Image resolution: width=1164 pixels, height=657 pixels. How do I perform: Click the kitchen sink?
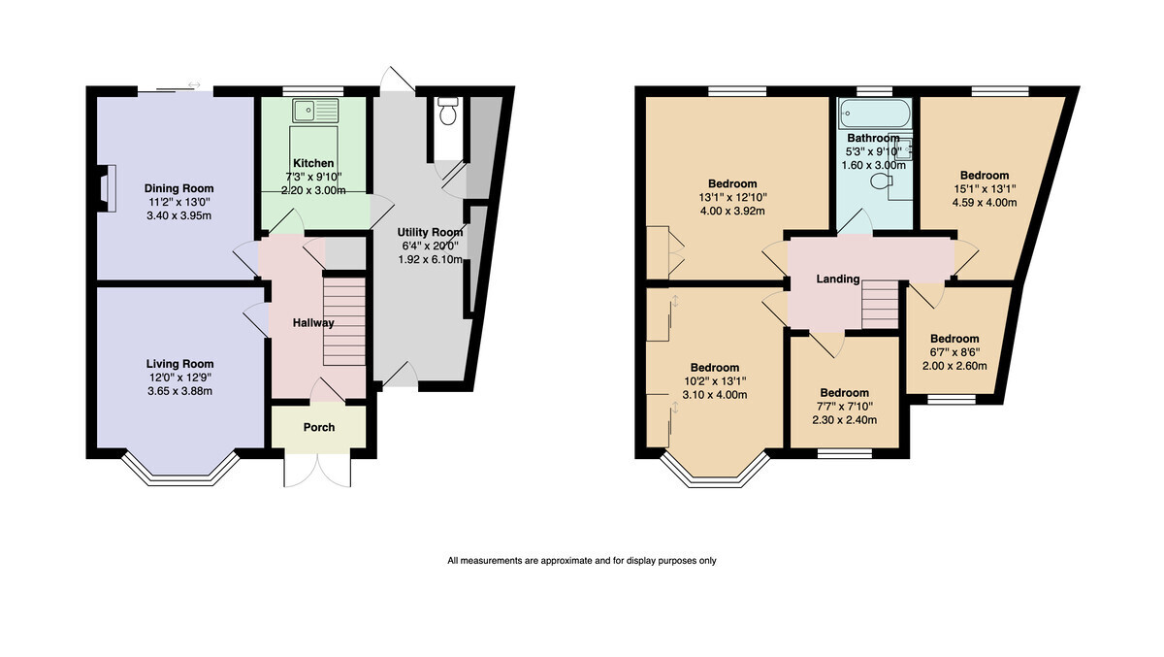[x=315, y=111]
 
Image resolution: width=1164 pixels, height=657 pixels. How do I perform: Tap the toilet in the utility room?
[x=447, y=111]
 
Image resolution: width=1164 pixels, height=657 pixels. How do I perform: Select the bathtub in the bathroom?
[x=875, y=114]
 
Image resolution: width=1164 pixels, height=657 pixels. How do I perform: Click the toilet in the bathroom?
[x=882, y=181]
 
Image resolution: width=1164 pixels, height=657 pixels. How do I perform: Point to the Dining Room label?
[x=178, y=188]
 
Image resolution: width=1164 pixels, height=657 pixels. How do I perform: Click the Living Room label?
[x=179, y=364]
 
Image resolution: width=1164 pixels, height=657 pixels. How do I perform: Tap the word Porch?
[x=319, y=427]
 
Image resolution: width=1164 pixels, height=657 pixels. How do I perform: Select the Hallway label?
[x=313, y=323]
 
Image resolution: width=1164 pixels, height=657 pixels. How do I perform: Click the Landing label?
[x=838, y=279]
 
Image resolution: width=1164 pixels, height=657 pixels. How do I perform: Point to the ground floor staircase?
[x=344, y=321]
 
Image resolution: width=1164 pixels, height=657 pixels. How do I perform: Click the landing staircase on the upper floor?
[x=881, y=304]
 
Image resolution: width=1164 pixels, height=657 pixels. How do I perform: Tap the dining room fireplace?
[x=108, y=187]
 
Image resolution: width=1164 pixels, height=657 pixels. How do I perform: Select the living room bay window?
[x=180, y=470]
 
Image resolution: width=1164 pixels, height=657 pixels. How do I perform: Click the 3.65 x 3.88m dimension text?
[x=179, y=391]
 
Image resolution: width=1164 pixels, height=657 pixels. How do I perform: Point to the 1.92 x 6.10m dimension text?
[x=431, y=259]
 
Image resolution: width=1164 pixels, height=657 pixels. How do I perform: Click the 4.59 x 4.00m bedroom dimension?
[x=985, y=203]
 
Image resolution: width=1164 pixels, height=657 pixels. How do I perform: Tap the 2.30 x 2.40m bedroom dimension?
[x=845, y=420]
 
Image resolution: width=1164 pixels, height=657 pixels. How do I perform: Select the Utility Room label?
[x=431, y=232]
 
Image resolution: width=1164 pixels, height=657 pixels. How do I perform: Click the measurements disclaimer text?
[x=582, y=561]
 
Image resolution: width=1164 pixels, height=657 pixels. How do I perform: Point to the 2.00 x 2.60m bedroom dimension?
[x=954, y=366]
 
